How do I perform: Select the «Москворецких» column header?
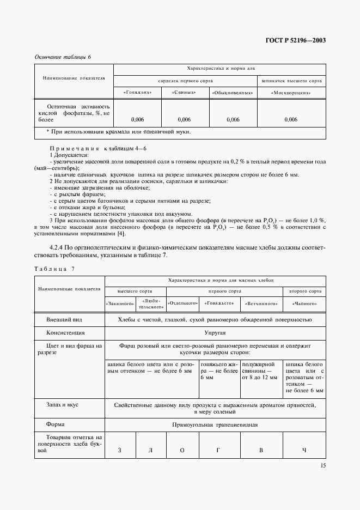click(x=291, y=93)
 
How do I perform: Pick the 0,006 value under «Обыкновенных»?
click(x=233, y=119)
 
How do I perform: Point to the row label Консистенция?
click(x=62, y=332)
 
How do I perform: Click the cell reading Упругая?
click(x=217, y=332)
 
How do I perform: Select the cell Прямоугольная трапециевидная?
click(x=216, y=424)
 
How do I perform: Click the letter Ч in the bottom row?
click(x=304, y=450)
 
